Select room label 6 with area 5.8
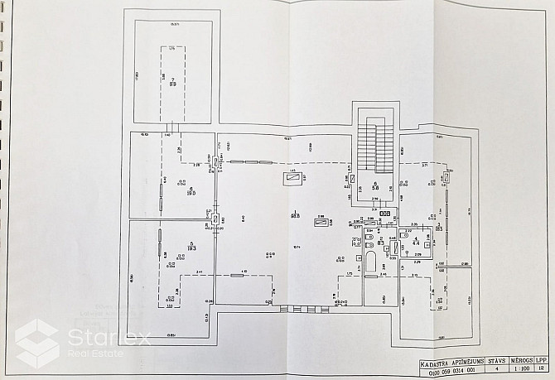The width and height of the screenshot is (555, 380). tap(375, 185)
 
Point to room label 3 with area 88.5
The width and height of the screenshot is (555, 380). tap(294, 216)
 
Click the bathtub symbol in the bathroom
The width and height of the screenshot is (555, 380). tap(371, 267)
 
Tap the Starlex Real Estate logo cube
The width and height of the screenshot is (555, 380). tap(36, 342)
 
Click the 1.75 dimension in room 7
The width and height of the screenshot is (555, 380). tap(172, 49)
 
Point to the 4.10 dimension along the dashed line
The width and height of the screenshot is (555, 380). tap(244, 272)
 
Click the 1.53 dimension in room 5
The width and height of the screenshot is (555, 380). tap(169, 305)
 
